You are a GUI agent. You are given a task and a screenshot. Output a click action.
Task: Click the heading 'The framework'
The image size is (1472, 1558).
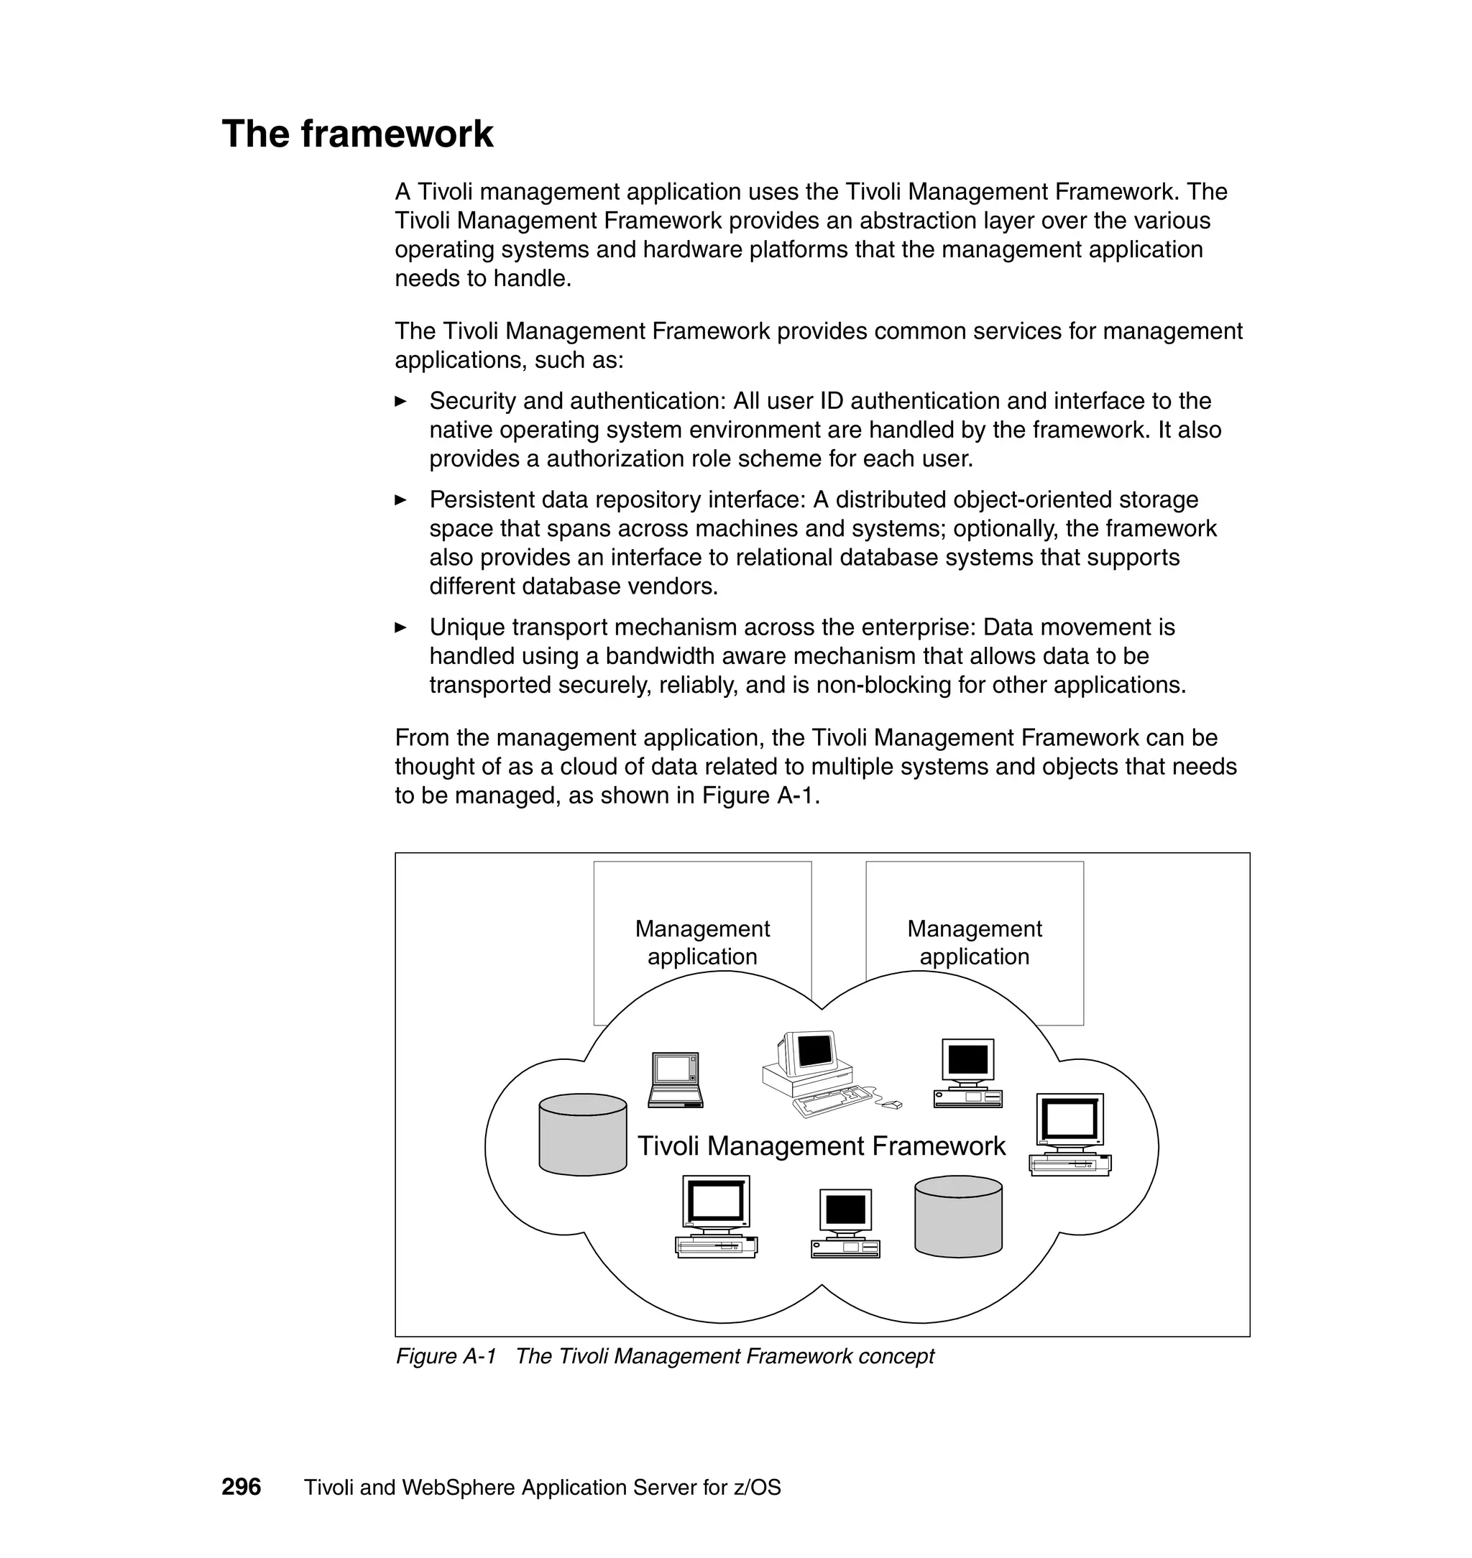(x=357, y=134)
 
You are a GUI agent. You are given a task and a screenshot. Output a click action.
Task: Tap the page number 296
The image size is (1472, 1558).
(x=241, y=1487)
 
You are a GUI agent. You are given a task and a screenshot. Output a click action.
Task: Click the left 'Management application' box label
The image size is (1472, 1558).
(x=701, y=942)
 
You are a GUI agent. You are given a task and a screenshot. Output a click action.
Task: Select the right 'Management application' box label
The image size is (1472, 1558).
(x=974, y=942)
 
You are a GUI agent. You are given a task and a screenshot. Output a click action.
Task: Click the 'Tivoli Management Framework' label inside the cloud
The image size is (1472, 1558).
(x=821, y=1146)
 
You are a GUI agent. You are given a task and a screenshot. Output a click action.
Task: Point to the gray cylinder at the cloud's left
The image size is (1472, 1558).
(x=582, y=1135)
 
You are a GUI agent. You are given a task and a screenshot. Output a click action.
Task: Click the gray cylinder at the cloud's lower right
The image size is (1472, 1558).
(x=958, y=1216)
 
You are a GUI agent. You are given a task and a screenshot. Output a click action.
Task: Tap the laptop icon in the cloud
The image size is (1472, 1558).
(x=676, y=1079)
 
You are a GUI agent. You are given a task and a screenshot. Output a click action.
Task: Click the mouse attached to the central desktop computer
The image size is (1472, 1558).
(x=891, y=1105)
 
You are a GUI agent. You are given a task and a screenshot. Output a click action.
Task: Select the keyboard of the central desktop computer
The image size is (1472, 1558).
(x=832, y=1100)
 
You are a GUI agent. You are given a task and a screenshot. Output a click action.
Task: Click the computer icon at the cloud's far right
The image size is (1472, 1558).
(x=1069, y=1135)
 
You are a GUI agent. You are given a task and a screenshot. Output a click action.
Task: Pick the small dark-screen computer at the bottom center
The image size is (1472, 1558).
(x=845, y=1223)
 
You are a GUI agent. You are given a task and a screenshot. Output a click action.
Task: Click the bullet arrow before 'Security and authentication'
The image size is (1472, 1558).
(x=400, y=402)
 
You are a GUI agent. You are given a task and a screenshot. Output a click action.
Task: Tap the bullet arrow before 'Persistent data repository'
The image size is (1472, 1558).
(x=400, y=499)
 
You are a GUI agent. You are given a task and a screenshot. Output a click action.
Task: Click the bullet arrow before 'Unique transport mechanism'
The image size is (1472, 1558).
(x=400, y=627)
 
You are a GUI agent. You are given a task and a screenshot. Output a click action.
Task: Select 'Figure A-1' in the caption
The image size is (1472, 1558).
(x=446, y=1356)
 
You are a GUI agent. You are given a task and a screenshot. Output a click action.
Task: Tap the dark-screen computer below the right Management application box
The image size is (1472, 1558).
(x=967, y=1072)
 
